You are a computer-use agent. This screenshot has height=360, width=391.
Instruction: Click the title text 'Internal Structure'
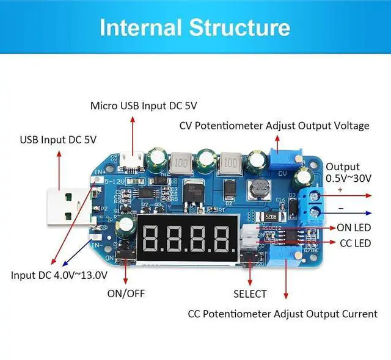pos(195,27)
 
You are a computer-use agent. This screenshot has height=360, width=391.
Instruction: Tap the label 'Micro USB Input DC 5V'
pos(144,106)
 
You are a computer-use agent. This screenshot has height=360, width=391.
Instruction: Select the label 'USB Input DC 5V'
pos(59,140)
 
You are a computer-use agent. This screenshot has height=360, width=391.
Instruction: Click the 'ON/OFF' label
pos(126,293)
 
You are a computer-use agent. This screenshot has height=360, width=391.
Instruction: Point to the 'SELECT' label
pos(250,293)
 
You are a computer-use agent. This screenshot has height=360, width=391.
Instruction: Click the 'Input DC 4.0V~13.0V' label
pos(59,275)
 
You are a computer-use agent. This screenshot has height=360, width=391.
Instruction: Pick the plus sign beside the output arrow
pos(340,190)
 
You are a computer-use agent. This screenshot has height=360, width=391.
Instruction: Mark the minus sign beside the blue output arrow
pos(341,207)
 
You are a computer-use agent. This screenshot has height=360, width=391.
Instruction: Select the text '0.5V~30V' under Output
pos(349,178)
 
